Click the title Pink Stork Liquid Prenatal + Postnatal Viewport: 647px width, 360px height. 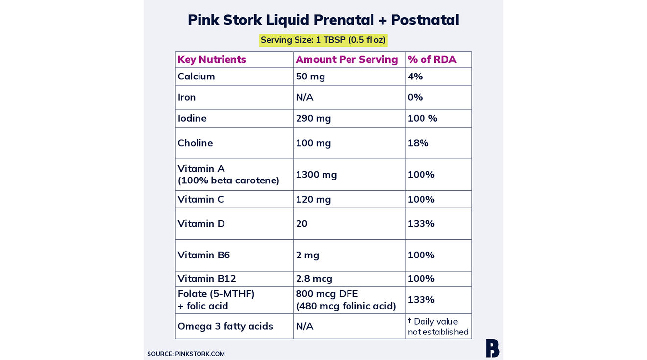pyautogui.click(x=323, y=20)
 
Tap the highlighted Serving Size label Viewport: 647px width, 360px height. pyautogui.click(x=323, y=40)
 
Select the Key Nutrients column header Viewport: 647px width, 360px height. pyautogui.click(x=211, y=59)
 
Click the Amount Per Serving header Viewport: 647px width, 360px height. pyautogui.click(x=347, y=59)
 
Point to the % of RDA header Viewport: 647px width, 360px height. pyautogui.click(x=432, y=59)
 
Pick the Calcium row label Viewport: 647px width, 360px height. pyautogui.click(x=196, y=77)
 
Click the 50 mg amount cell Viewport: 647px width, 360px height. pyautogui.click(x=310, y=77)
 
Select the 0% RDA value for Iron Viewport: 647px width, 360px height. pyautogui.click(x=415, y=97)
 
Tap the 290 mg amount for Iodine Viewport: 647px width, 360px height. pyautogui.click(x=313, y=119)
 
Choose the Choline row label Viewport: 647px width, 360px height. pyautogui.click(x=195, y=143)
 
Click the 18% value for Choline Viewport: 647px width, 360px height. pyautogui.click(x=418, y=143)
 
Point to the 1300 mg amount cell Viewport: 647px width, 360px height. pyautogui.click(x=316, y=175)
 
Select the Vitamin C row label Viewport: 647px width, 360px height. pyautogui.click(x=200, y=199)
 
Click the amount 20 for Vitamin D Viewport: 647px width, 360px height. pyautogui.click(x=301, y=224)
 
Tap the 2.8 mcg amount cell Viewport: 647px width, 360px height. pyautogui.click(x=314, y=279)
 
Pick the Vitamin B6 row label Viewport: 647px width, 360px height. pyautogui.click(x=203, y=255)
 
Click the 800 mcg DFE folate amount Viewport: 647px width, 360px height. pyautogui.click(x=326, y=294)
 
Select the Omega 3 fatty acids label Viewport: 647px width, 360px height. pyautogui.click(x=225, y=326)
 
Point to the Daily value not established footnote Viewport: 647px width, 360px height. pyautogui.click(x=438, y=327)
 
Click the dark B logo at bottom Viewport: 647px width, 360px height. pyautogui.click(x=493, y=348)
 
